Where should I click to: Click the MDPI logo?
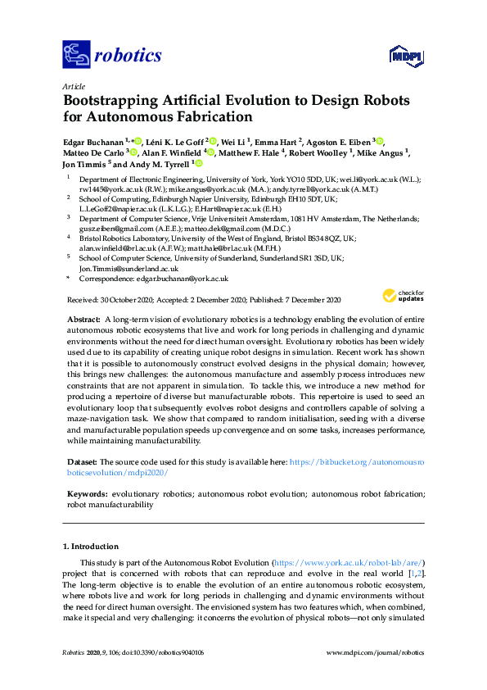pos(404,56)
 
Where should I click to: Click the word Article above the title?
pos(73,85)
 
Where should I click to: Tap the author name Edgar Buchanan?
pos(95,141)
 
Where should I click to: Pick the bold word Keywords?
pos(86,495)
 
